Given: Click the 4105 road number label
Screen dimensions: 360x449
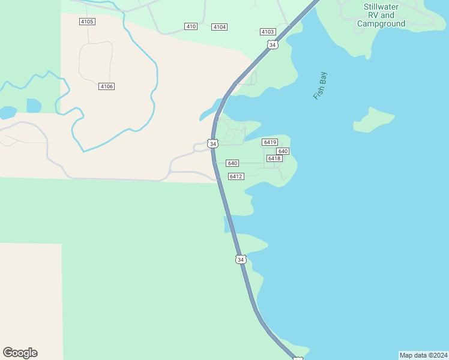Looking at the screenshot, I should coord(87,22).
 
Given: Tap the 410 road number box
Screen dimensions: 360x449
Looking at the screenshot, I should coord(191,26).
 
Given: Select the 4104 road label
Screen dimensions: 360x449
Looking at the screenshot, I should coord(220,27).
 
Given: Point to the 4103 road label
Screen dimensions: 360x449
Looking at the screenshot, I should coord(268,32).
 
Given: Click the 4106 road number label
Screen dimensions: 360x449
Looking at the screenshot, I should coord(106,86).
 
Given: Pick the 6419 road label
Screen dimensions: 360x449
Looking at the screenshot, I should coord(270,142).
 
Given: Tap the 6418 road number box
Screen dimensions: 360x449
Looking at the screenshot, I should coord(274,158).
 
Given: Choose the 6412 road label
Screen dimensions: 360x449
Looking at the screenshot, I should coord(236,176).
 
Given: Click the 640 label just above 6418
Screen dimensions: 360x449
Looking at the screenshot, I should coord(283,151).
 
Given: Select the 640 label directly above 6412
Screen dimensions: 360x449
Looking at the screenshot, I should coord(232,163).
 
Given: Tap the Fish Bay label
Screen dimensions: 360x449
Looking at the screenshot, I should coord(320,86).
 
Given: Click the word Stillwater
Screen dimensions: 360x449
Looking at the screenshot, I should coord(381,7).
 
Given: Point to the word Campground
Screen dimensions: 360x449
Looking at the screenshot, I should coord(381,24).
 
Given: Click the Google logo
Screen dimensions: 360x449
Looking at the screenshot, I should coord(20,353).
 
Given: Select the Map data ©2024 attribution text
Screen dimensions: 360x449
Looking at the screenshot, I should coord(423,355).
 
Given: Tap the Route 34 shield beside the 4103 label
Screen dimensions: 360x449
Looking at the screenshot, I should coord(273,45).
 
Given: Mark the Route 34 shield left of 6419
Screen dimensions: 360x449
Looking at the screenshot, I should coord(212,143).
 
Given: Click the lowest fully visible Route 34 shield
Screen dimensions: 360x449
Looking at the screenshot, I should coord(241,259).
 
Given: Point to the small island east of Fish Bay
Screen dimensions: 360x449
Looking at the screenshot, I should coord(373,120).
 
